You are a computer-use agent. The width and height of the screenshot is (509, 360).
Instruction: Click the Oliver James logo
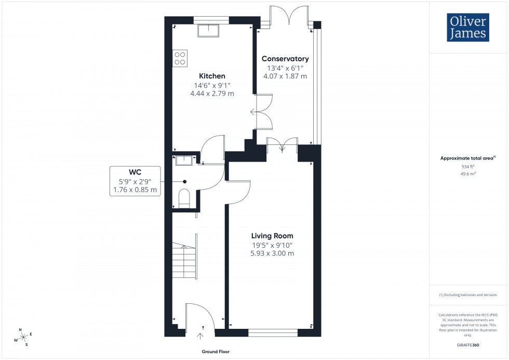point(467,28)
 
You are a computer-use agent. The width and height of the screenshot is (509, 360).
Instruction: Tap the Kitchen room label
point(212,76)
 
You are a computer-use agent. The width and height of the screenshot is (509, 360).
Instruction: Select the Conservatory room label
point(285,59)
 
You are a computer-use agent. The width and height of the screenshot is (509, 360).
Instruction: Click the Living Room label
point(273,235)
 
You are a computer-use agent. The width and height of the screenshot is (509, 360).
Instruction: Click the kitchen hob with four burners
point(180,58)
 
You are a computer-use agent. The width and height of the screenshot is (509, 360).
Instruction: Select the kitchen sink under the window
point(209,32)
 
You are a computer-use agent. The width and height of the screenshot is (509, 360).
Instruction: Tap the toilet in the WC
point(185,199)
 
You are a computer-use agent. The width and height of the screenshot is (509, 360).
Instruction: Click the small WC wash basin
point(184,160)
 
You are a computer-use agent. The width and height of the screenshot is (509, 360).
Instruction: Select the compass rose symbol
point(22,337)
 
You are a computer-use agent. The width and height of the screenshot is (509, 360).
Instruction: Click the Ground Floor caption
point(216,352)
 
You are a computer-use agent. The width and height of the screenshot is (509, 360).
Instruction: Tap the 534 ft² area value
point(468,166)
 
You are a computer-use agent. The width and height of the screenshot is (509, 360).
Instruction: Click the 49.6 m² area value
point(468,174)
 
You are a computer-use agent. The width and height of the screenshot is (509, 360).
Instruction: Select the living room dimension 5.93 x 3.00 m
point(273,254)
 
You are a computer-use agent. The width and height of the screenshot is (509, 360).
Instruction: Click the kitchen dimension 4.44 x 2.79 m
point(212,94)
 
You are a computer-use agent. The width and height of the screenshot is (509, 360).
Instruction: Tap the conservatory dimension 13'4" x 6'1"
point(285,68)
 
